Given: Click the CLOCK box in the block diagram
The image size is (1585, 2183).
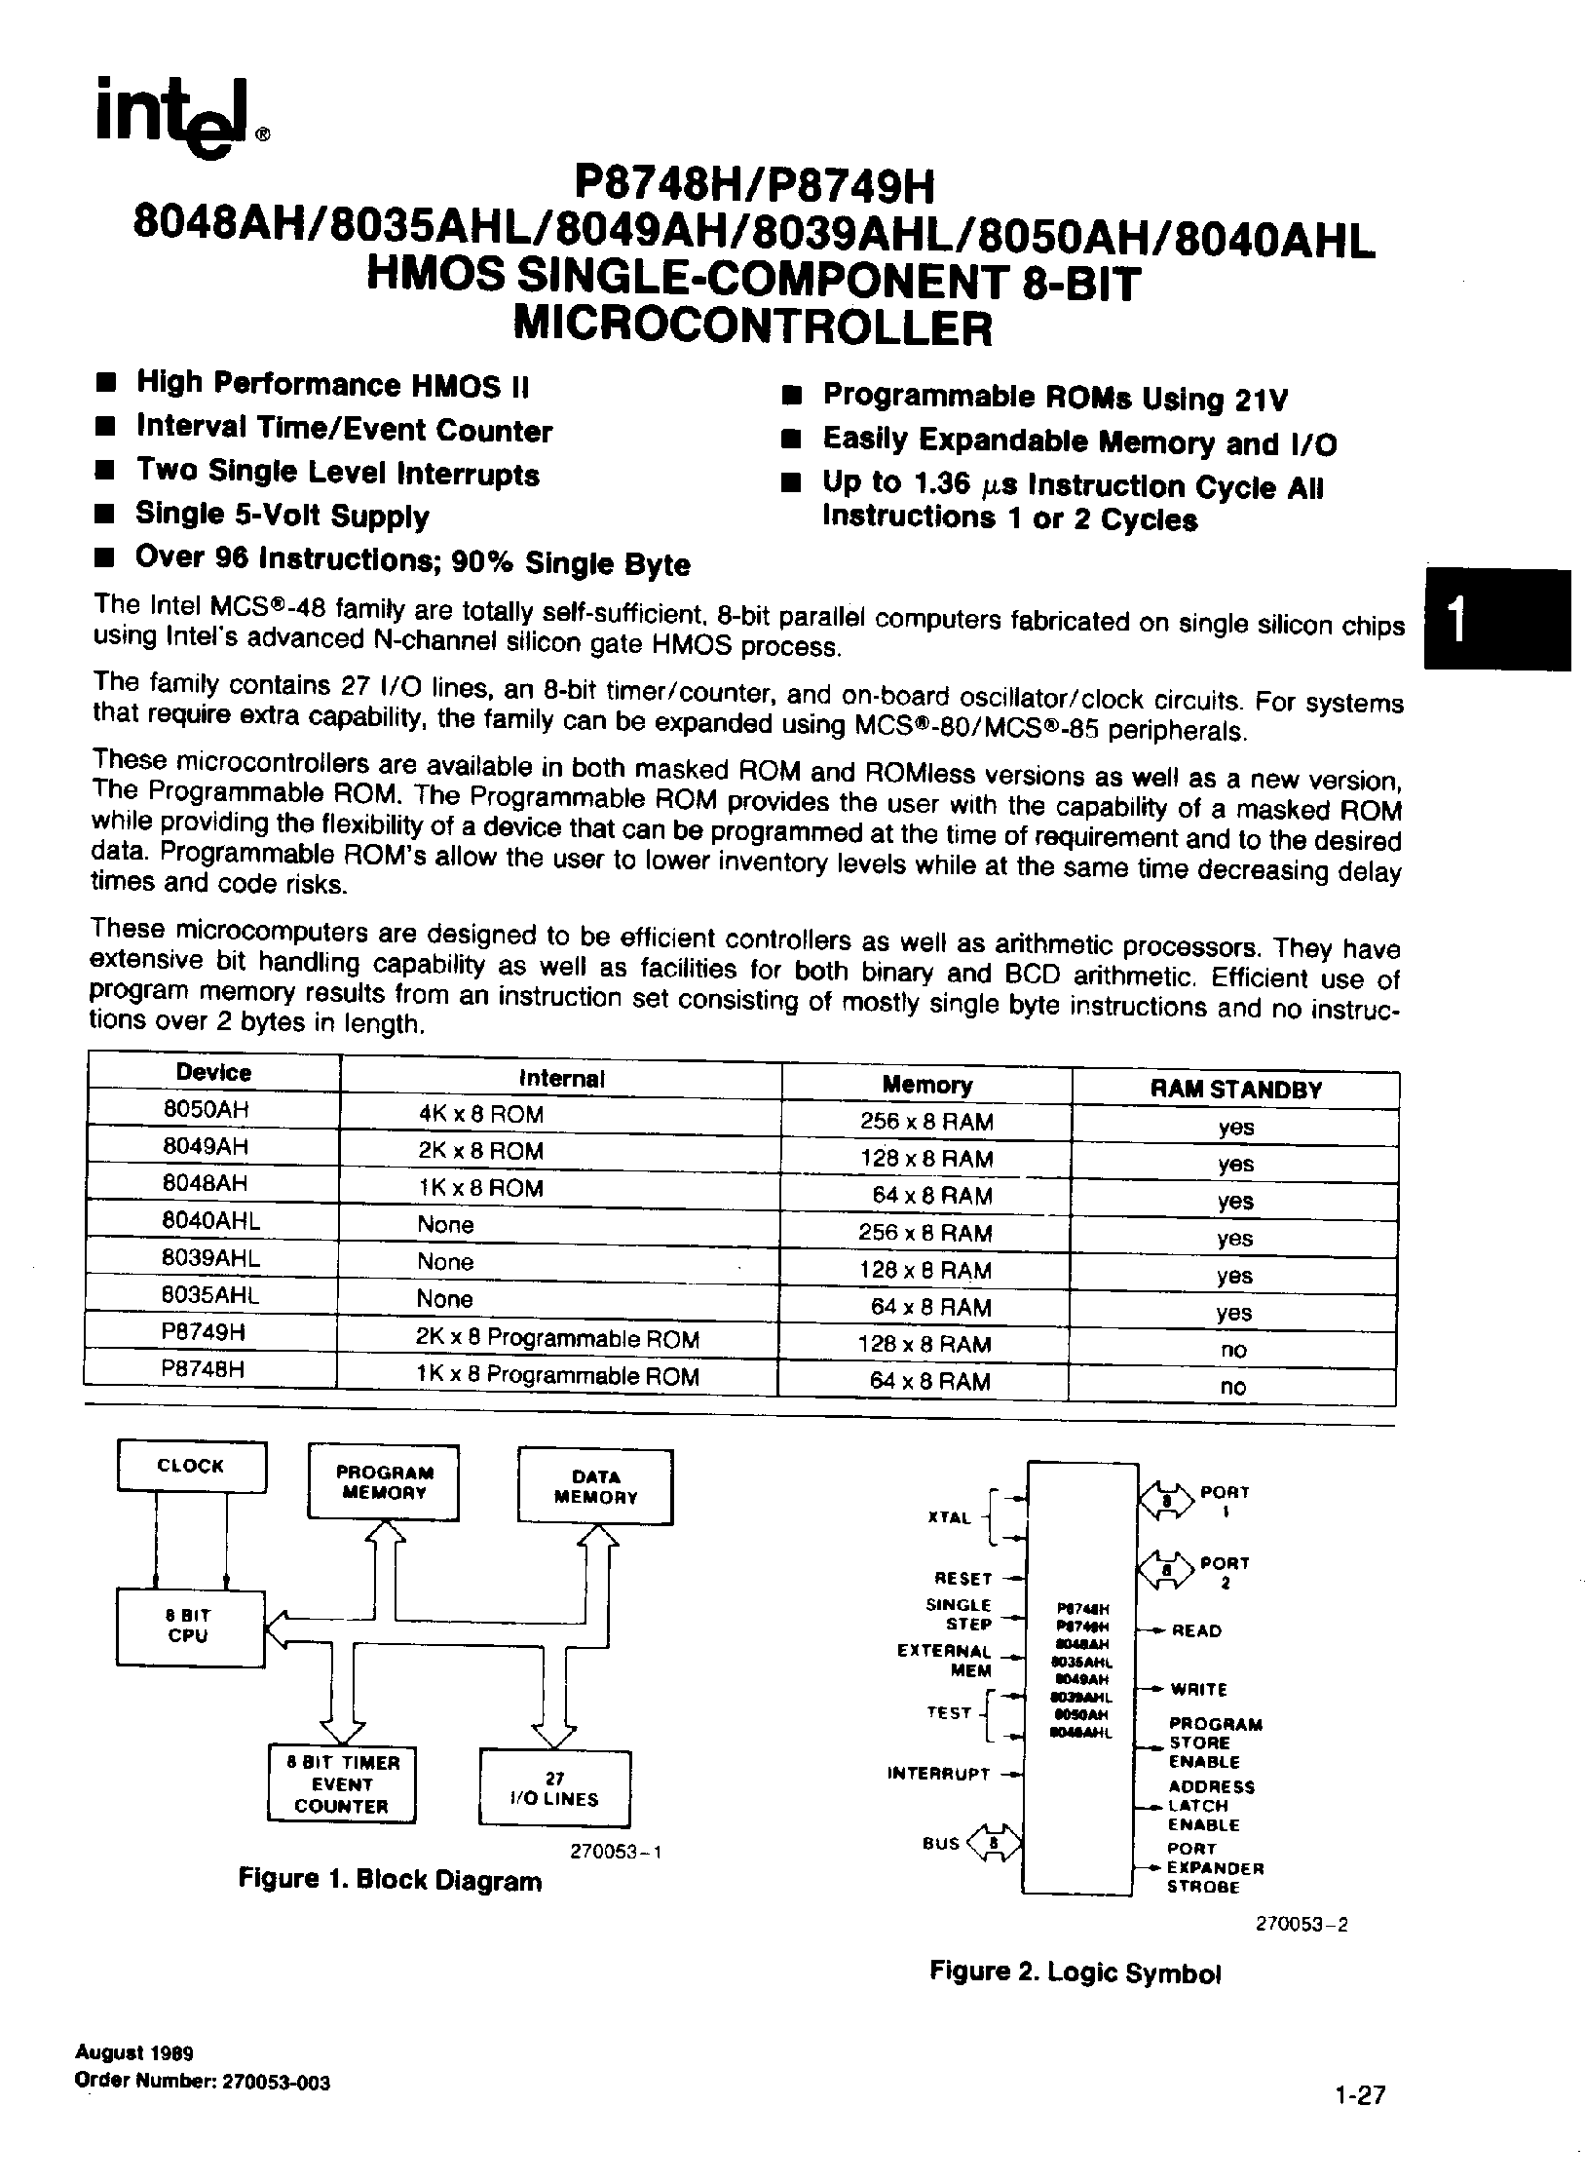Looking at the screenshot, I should pyautogui.click(x=191, y=1466).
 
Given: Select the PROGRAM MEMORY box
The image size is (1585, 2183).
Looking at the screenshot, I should pyautogui.click(x=384, y=1482).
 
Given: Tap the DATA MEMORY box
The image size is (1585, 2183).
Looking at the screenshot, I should pyautogui.click(x=595, y=1486).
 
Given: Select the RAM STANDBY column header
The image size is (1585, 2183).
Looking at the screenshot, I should pyautogui.click(x=1235, y=1090).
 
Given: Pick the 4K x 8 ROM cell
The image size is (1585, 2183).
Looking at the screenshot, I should pyautogui.click(x=480, y=1114).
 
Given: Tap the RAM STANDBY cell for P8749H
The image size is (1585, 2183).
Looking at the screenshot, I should pyautogui.click(x=1233, y=1350).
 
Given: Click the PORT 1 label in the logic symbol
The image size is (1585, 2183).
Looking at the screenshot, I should pyautogui.click(x=1225, y=1502).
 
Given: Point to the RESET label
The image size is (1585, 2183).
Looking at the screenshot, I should pyautogui.click(x=962, y=1578).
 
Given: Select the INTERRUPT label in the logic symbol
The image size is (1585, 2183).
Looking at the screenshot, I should pyautogui.click(x=938, y=1774).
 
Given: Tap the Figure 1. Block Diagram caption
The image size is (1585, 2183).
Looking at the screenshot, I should pyautogui.click(x=390, y=1880).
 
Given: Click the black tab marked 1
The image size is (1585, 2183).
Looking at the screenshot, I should pyautogui.click(x=1496, y=620).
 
